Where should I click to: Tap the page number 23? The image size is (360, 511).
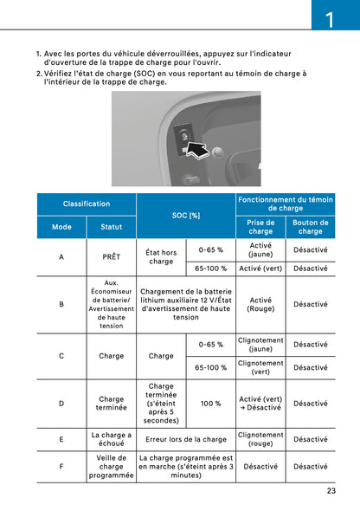point(331,491)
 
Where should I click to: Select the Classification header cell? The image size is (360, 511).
point(87,204)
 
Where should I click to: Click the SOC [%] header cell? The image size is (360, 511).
point(186,215)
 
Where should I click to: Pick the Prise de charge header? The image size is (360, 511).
point(260,227)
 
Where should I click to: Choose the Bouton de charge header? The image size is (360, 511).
point(311,227)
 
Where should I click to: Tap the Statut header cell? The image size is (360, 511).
point(111,227)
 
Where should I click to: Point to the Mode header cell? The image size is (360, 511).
point(61,227)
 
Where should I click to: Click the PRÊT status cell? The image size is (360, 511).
point(111,257)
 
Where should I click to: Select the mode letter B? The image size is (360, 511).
point(61,305)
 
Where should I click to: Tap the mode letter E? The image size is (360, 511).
point(61,439)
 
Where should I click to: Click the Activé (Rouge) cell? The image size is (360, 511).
point(260,305)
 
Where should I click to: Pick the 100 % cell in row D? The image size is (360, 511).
point(211,404)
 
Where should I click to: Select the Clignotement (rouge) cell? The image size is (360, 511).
point(260,439)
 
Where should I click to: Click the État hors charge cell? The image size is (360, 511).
point(161,257)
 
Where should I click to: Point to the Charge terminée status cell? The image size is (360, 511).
point(111,404)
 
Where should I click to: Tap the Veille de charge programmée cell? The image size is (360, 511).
point(111,467)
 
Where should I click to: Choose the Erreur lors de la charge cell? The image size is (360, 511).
point(186,439)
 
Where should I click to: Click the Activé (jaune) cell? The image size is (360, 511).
point(260,249)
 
